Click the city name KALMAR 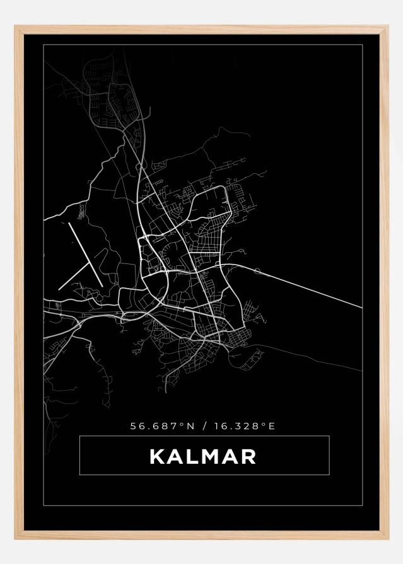tap(203, 456)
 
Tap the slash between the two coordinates tap(204, 426)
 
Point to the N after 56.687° tap(189, 426)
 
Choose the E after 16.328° tap(272, 426)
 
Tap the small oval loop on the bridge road tap(257, 272)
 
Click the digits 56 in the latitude tap(135, 426)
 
